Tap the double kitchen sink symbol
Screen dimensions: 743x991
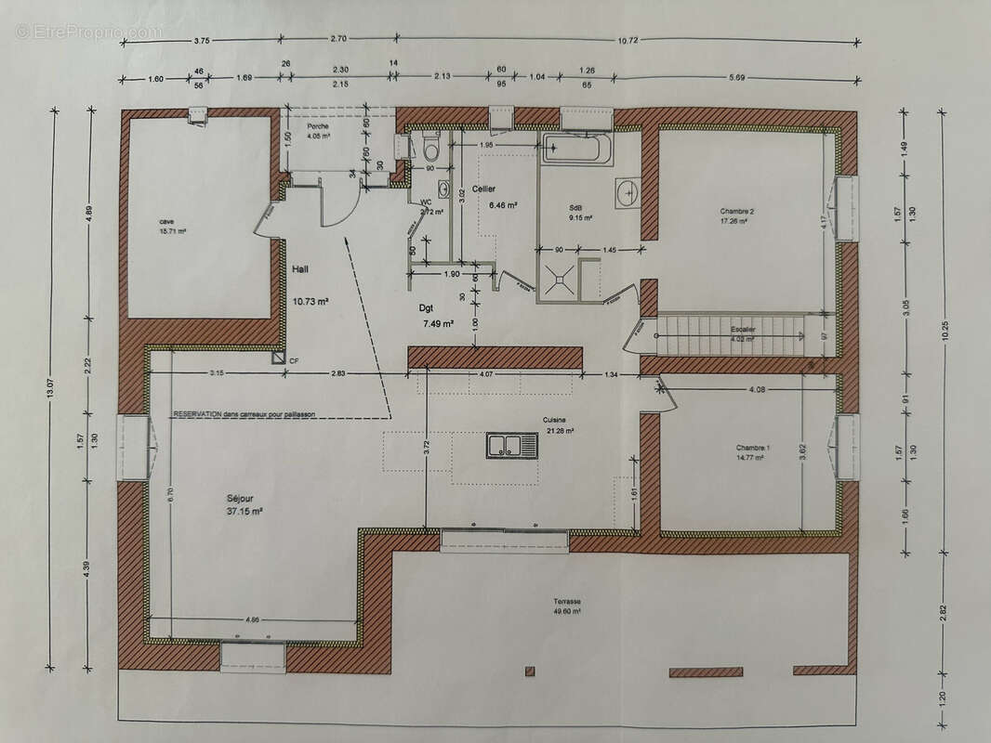click(x=511, y=446)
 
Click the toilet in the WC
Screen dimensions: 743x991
click(x=429, y=146)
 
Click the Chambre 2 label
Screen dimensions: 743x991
click(x=736, y=211)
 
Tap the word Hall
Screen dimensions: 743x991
click(x=300, y=269)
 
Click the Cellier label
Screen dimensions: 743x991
click(x=483, y=189)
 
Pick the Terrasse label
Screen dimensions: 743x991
click(x=564, y=602)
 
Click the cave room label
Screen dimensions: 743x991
click(x=166, y=222)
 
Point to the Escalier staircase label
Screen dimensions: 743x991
click(x=744, y=329)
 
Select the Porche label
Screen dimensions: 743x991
click(x=306, y=126)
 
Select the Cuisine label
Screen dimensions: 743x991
click(x=556, y=420)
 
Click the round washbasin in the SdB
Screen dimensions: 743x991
click(x=627, y=192)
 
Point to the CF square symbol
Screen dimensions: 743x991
click(x=279, y=356)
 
